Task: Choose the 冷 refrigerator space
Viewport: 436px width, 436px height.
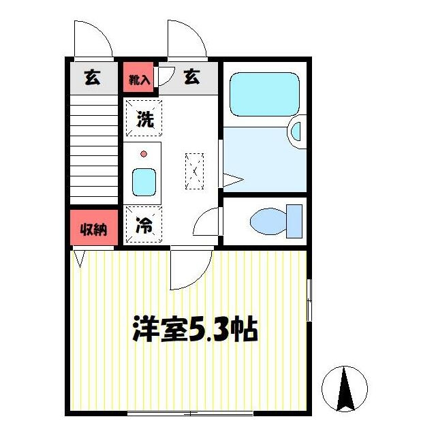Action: point(144,225)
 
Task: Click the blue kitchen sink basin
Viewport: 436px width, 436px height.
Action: point(144,181)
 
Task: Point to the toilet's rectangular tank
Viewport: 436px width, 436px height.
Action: point(294,221)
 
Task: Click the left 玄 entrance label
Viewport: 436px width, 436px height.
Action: point(91,78)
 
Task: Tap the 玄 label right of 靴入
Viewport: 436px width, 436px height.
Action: point(191,78)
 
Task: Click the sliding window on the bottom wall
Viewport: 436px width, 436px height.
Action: point(190,413)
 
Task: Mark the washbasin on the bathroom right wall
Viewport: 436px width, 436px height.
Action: point(298,131)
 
